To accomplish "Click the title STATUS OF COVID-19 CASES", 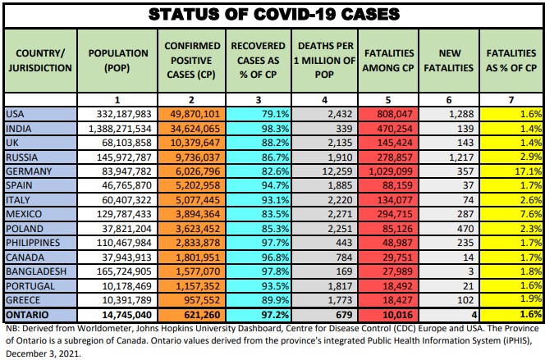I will (x=272, y=14).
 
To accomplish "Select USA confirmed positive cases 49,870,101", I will (x=191, y=114).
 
